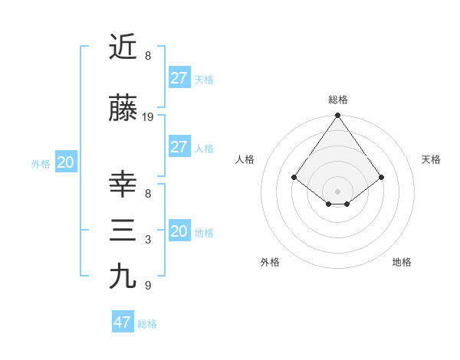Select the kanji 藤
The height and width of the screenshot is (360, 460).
pyautogui.click(x=123, y=110)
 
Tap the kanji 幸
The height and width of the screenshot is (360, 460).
pyautogui.click(x=123, y=185)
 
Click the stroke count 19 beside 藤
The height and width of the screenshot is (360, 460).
pyautogui.click(x=148, y=117)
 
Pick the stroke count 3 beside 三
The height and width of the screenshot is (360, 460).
pyautogui.click(x=148, y=240)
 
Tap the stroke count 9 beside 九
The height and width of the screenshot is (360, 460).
pyautogui.click(x=148, y=285)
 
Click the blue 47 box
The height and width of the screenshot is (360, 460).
pyautogui.click(x=123, y=322)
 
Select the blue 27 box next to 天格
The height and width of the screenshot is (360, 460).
pyautogui.click(x=179, y=78)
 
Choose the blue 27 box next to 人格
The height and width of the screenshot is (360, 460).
pyautogui.click(x=179, y=147)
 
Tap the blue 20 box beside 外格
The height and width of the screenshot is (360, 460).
pyautogui.click(x=66, y=162)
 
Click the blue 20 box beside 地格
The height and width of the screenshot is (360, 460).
pyautogui.click(x=179, y=231)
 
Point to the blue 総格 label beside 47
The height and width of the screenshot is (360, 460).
pyautogui.click(x=147, y=324)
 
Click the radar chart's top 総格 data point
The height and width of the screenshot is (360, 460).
pyautogui.click(x=337, y=116)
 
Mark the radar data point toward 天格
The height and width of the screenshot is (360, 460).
pyautogui.click(x=382, y=177)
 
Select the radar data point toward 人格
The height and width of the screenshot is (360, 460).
pyautogui.click(x=294, y=177)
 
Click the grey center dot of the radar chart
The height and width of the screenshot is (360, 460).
pyautogui.click(x=337, y=191)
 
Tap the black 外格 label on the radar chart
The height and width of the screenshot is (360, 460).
pyautogui.click(x=270, y=262)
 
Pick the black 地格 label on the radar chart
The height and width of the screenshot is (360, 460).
pyautogui.click(x=402, y=262)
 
